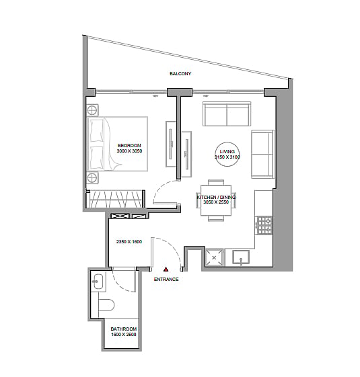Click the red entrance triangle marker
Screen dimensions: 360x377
[166, 269]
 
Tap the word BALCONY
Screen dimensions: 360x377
[180, 73]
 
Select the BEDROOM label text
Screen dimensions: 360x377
[129, 145]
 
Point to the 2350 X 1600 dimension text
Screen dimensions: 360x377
[129, 242]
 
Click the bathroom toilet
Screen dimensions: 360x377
[106, 305]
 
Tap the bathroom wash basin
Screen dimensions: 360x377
[98, 281]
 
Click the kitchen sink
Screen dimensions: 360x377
[241, 257]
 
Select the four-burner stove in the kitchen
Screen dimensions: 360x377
[264, 225]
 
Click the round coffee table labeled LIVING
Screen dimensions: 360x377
[227, 154]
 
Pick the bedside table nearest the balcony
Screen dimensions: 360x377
[92, 111]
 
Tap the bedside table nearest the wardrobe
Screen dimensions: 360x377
[92, 177]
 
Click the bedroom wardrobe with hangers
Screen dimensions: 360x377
[116, 199]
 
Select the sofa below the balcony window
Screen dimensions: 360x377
[227, 114]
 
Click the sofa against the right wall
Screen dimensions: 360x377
[263, 154]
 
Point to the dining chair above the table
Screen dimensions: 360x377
[216, 182]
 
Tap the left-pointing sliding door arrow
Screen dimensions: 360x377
[155, 96]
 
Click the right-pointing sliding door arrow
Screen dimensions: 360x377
[207, 96]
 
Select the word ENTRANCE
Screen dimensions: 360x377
[166, 279]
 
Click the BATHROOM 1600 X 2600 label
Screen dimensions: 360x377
[124, 331]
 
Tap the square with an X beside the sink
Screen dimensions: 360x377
[214, 257]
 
